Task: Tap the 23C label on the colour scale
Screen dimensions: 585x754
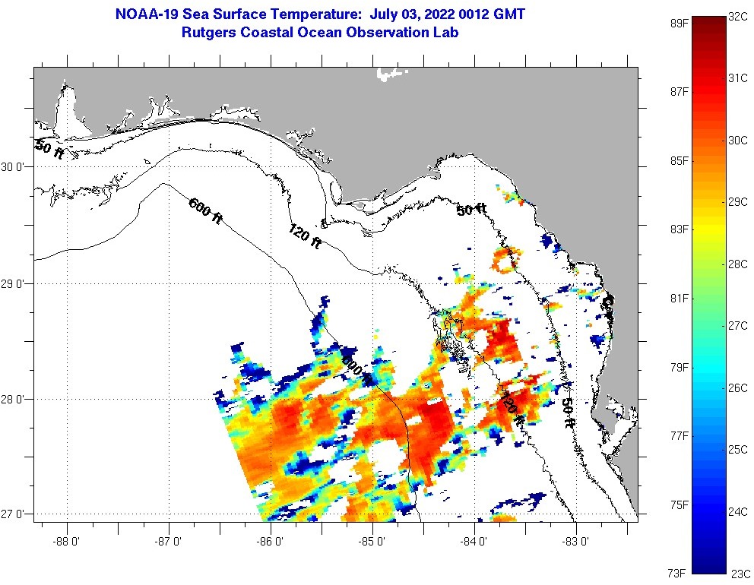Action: click(740, 573)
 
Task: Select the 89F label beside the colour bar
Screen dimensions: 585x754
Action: click(680, 24)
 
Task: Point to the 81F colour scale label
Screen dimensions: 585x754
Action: click(680, 298)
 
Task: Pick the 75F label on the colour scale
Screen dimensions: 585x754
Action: click(680, 504)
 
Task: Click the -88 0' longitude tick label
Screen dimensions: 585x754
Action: click(67, 542)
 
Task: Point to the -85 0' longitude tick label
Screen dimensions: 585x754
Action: click(373, 542)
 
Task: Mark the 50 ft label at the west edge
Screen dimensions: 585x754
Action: click(49, 149)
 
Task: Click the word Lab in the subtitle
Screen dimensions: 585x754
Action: click(446, 33)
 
